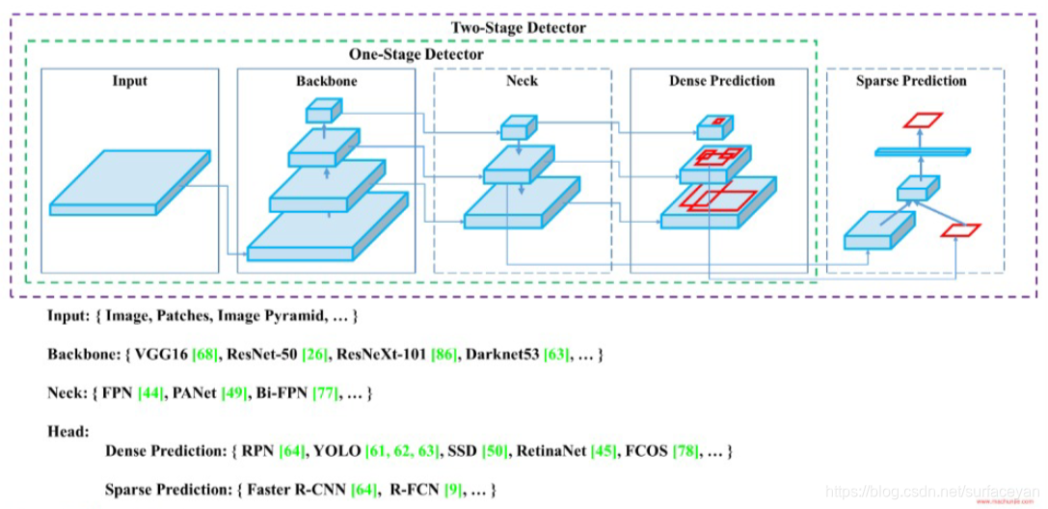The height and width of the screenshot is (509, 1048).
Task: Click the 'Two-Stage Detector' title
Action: click(x=518, y=28)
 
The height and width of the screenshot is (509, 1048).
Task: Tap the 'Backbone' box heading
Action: click(x=326, y=81)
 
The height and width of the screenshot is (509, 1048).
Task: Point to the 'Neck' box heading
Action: click(x=522, y=81)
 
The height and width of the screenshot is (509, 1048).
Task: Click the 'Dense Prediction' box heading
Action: click(x=721, y=81)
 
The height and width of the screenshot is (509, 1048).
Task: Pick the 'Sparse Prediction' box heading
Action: click(x=911, y=81)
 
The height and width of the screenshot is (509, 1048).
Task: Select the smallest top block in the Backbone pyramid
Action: click(x=319, y=112)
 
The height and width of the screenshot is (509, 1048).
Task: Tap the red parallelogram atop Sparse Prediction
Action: click(x=922, y=120)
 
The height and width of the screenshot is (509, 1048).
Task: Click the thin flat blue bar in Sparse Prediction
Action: click(x=923, y=151)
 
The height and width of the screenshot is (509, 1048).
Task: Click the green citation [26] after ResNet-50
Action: click(x=314, y=356)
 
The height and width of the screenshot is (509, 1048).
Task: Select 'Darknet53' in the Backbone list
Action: click(x=499, y=356)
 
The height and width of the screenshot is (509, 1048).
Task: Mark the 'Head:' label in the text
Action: click(x=67, y=432)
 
